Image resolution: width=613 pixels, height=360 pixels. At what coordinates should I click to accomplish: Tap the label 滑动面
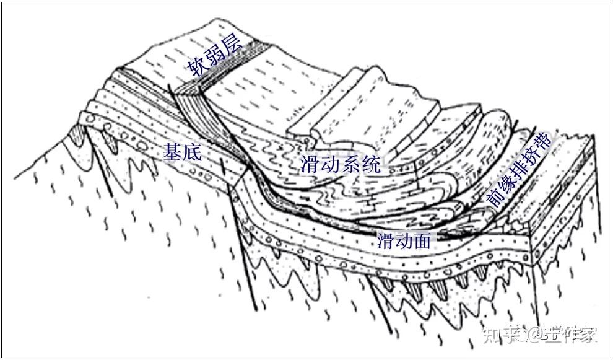403,240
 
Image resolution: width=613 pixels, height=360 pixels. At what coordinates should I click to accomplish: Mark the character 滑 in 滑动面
384,240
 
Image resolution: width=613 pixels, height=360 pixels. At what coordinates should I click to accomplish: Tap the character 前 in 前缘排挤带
493,198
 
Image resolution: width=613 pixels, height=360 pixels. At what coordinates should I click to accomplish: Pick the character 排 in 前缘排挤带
519,167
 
